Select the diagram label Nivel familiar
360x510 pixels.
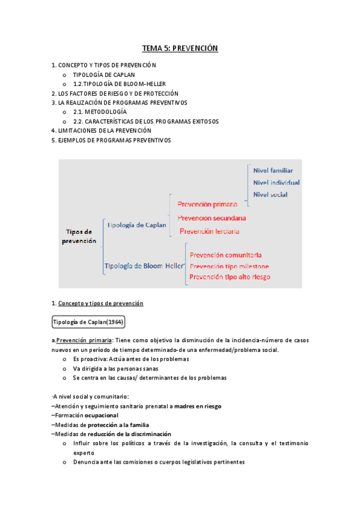click(273, 170)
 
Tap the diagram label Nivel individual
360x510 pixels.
click(276, 182)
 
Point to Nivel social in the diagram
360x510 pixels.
click(270, 194)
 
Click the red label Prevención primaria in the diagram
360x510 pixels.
click(208, 204)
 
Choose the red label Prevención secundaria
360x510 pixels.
click(212, 218)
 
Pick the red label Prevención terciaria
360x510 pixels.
click(209, 231)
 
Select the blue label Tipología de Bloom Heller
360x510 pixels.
click(143, 265)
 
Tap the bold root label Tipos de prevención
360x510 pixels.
click(79, 236)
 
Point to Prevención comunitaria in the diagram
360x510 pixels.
click(225, 255)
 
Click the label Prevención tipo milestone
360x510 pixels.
click(229, 266)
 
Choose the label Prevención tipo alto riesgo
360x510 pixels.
click(230, 277)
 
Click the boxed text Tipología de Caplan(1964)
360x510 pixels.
click(88, 322)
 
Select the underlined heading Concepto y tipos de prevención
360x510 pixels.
click(100, 303)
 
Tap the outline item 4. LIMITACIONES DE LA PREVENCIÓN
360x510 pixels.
click(102, 131)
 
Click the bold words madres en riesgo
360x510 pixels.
click(197, 406)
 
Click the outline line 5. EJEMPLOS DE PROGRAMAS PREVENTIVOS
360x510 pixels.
click(111, 140)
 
